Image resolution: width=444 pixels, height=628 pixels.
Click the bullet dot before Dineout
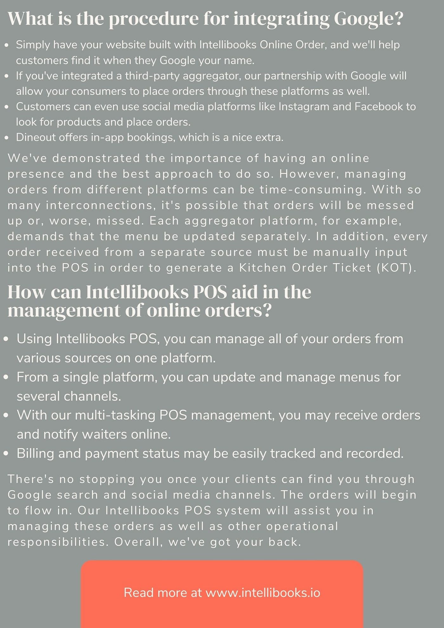7,138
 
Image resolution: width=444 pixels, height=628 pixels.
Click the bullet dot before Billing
6,454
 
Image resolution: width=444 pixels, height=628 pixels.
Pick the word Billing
35,454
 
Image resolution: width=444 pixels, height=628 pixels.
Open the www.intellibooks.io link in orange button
263,593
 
